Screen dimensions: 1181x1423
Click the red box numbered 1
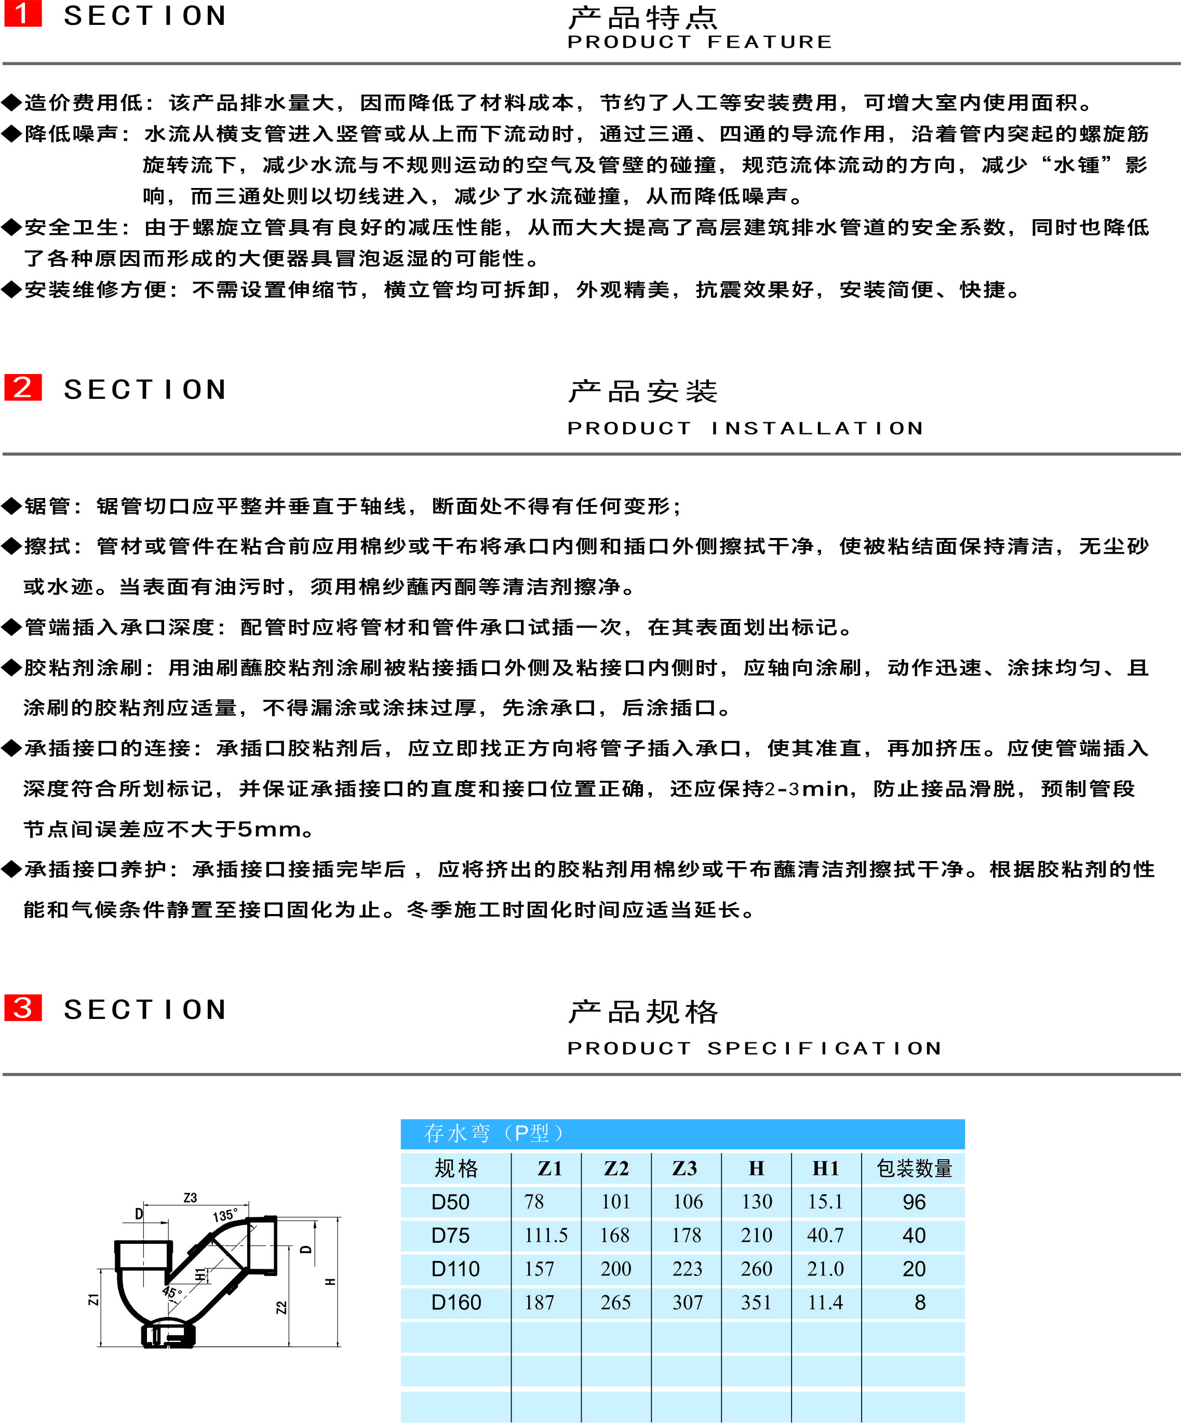coord(23,14)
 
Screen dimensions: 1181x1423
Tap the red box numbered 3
coord(23,1008)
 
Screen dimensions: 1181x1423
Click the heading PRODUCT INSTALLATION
coord(745,428)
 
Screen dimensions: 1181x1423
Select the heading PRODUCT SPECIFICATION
coord(755,1048)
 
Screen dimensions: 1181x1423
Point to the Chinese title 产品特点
coord(642,18)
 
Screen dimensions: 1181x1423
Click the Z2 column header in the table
coord(616,1168)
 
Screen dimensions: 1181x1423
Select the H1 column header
coord(826,1168)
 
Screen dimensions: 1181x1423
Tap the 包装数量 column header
coord(914,1168)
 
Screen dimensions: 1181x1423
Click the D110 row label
coord(455,1269)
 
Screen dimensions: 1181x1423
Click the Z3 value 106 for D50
coord(688,1201)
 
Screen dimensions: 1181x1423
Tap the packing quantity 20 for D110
coord(914,1269)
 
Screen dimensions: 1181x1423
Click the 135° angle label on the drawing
coord(225,1215)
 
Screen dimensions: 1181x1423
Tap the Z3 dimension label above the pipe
coord(191,1198)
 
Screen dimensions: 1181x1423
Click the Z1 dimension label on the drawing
coord(93,1299)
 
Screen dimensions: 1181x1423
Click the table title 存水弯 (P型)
coord(492,1133)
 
